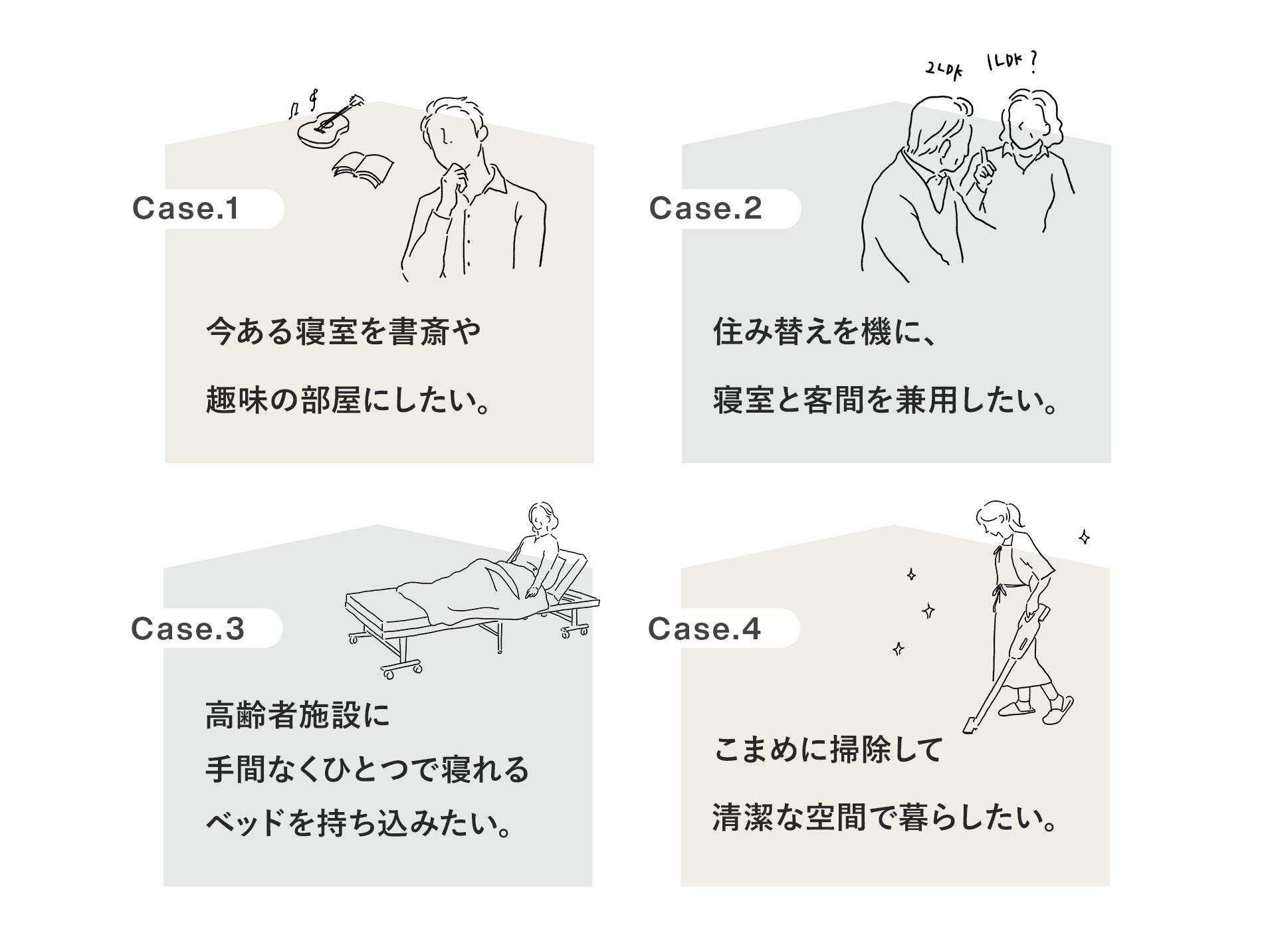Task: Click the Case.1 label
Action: [x=185, y=209]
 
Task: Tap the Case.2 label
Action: [x=705, y=209]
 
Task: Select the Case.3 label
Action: [x=187, y=629]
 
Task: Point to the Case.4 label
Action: [x=704, y=629]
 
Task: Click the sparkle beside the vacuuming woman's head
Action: [x=1084, y=537]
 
